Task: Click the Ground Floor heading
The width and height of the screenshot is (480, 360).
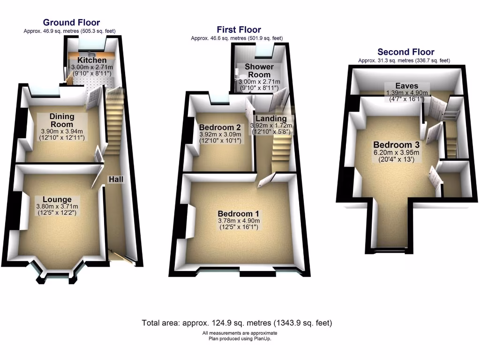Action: tap(71, 22)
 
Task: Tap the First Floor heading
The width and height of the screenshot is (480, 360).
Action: tap(239, 30)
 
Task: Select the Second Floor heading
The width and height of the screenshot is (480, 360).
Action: tap(406, 52)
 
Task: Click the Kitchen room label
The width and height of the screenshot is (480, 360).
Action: tap(92, 60)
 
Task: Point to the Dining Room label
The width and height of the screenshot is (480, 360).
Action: tap(62, 120)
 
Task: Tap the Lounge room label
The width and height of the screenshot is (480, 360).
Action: tap(57, 200)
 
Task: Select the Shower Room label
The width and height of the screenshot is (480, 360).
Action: tap(259, 71)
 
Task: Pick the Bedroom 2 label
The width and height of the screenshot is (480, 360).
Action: tap(220, 127)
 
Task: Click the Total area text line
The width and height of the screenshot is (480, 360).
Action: tap(237, 323)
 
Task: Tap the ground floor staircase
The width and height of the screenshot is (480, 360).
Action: tap(114, 122)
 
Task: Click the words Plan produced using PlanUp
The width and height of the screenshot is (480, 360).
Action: tap(237, 338)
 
